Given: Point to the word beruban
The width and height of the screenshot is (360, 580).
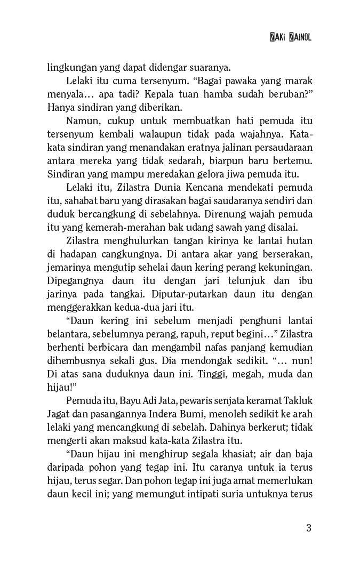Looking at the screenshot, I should (288, 94).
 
